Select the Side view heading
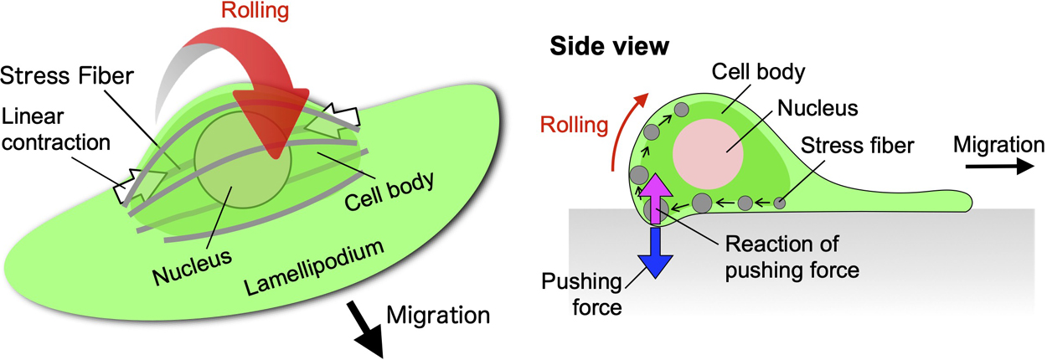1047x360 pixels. tap(609, 47)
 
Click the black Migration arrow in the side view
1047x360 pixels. tap(997, 167)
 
